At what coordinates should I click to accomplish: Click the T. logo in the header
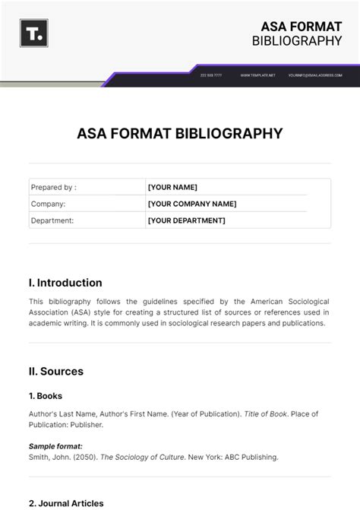tap(34, 33)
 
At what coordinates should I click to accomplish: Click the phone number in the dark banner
tap(211, 75)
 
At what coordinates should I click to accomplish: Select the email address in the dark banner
tap(314, 75)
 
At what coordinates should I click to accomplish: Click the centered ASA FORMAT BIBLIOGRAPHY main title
tap(180, 134)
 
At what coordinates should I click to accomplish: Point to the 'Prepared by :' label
tap(53, 187)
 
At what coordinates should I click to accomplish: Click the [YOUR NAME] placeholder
tap(172, 187)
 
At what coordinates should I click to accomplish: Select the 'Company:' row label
tap(48, 204)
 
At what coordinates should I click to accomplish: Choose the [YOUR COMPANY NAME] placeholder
tap(192, 204)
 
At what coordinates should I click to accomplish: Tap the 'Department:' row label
tap(52, 220)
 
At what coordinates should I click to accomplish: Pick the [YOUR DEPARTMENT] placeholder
tap(186, 220)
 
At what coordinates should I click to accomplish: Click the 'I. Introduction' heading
tap(65, 283)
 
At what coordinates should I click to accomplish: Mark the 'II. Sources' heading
tap(56, 372)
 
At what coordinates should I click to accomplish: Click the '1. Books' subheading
tap(46, 396)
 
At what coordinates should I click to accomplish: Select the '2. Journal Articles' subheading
tap(66, 503)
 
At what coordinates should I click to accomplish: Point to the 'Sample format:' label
tap(55, 446)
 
